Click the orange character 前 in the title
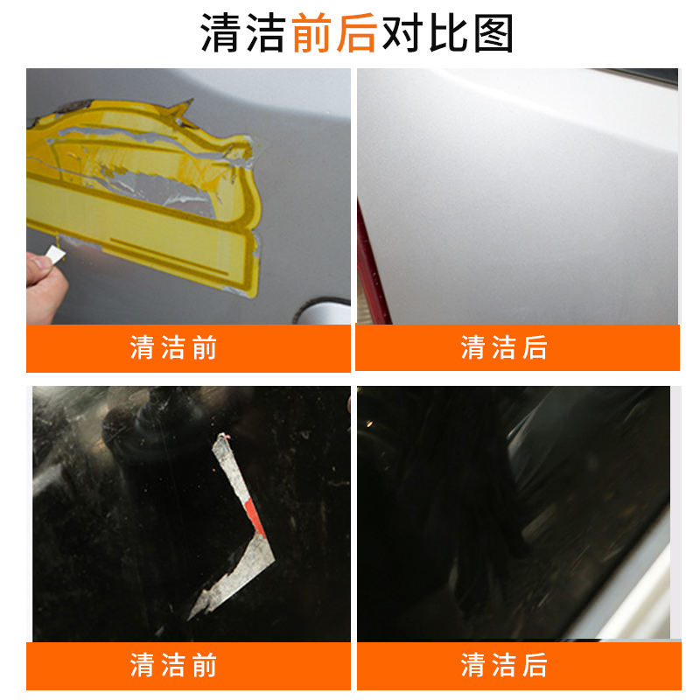(x=312, y=32)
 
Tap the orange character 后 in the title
(x=356, y=32)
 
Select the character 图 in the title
(x=493, y=32)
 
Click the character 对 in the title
(x=402, y=32)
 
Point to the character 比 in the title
(x=448, y=32)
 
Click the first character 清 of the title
(x=220, y=32)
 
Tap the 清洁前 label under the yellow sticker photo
(x=173, y=347)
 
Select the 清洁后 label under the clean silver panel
(x=504, y=347)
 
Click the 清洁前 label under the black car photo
(x=173, y=665)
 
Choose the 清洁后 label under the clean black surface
(x=504, y=665)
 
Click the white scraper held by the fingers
(x=56, y=255)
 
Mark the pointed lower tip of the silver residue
(x=189, y=619)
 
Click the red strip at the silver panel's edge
(x=370, y=268)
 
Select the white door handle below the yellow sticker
(x=324, y=312)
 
